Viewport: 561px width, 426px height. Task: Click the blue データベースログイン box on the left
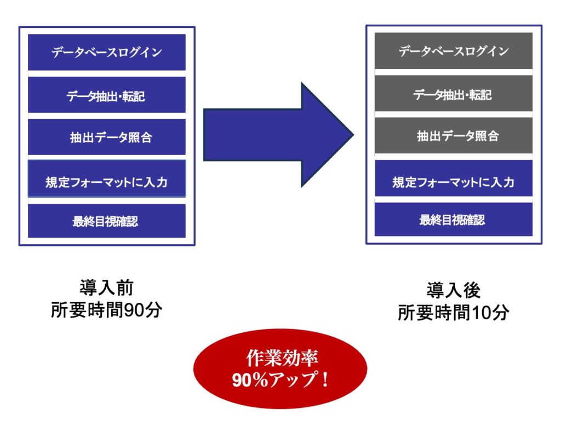tap(107, 52)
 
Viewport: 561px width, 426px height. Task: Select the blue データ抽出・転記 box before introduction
tap(107, 95)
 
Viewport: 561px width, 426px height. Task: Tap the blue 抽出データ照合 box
tap(107, 137)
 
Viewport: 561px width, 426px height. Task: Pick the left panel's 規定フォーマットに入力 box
tap(107, 179)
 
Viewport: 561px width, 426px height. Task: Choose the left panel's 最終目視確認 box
tap(107, 221)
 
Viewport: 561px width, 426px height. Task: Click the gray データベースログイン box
tap(454, 51)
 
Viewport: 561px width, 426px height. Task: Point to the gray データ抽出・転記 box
tap(454, 94)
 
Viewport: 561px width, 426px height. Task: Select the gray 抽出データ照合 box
tap(454, 135)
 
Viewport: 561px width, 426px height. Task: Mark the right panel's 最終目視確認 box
tap(454, 220)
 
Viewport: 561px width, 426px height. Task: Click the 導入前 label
tap(107, 288)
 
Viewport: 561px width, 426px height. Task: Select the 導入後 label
tap(454, 290)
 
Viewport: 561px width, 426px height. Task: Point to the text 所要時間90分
tap(107, 310)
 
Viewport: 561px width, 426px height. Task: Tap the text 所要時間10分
tap(454, 313)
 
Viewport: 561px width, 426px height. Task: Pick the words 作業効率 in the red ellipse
tap(282, 358)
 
